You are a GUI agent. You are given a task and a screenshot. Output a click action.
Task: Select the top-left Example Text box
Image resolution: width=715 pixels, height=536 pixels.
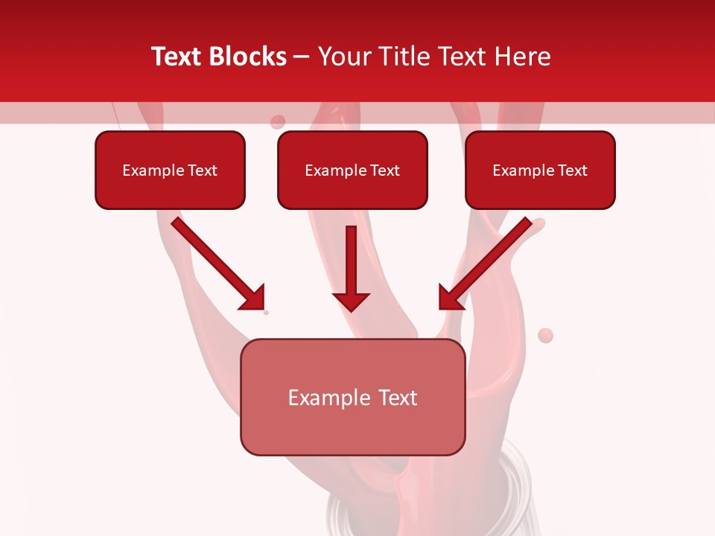click(x=170, y=170)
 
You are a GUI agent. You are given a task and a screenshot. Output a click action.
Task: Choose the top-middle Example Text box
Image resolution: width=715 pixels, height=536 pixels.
click(x=352, y=170)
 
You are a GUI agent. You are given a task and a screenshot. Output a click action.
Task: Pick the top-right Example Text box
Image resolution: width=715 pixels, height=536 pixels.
click(x=540, y=170)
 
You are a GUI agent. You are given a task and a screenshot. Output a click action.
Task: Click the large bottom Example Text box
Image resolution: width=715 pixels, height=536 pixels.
click(x=352, y=397)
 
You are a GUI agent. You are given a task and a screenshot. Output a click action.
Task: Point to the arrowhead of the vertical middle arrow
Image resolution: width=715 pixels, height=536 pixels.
click(x=351, y=301)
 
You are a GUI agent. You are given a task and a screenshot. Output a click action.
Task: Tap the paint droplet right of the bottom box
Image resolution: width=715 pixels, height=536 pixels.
click(x=546, y=335)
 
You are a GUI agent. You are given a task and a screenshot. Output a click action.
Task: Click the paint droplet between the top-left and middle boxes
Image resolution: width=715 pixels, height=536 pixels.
click(x=278, y=121)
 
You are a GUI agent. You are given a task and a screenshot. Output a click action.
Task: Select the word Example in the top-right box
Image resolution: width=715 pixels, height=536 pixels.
click(x=523, y=170)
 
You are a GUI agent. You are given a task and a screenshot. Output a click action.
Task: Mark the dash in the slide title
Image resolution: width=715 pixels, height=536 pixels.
click(x=302, y=57)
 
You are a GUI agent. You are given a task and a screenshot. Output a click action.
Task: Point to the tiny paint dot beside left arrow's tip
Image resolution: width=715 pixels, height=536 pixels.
click(x=266, y=313)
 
